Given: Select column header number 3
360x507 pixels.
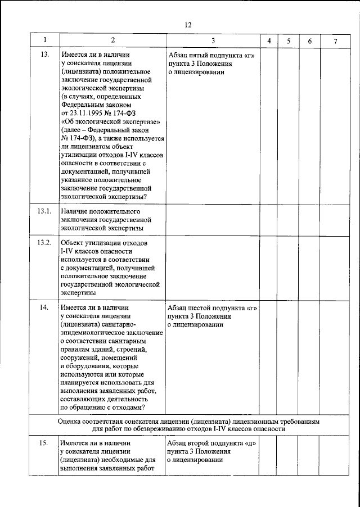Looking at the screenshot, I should [x=213, y=41].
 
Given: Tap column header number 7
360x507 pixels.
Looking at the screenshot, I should [x=335, y=41].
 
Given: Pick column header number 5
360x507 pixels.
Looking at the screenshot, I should [x=288, y=41].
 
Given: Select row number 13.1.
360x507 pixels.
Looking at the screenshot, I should [x=44, y=211].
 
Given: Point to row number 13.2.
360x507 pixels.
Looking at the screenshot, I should [x=44, y=242].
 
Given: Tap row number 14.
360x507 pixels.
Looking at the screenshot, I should [x=44, y=308].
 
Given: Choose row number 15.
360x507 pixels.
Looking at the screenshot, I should [x=44, y=443].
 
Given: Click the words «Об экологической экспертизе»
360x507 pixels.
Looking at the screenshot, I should [x=111, y=122].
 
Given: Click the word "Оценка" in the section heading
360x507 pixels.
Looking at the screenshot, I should [x=70, y=420].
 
